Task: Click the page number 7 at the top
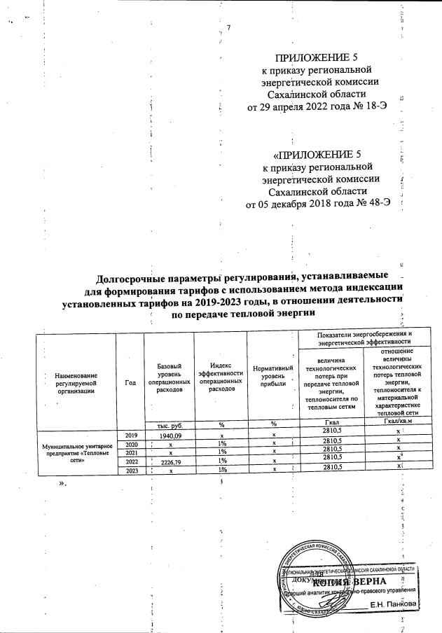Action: (x=228, y=27)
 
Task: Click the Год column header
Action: (x=130, y=382)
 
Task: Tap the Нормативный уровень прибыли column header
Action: (x=272, y=379)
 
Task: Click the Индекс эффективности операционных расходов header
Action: (x=221, y=378)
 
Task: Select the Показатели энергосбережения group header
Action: (x=364, y=338)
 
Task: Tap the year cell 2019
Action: (x=130, y=434)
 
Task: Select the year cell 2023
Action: (x=130, y=471)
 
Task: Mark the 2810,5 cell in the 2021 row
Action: (x=330, y=452)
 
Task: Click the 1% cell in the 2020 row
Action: (x=221, y=444)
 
